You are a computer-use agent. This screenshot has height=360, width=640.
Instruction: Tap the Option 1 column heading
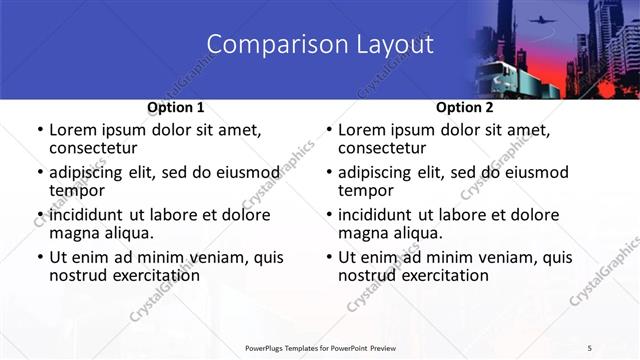coord(176,107)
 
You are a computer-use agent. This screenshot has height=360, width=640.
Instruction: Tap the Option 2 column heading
coord(464,107)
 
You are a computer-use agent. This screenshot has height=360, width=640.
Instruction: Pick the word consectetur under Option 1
coord(98,148)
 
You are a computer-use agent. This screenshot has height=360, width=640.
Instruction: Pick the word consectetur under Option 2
coord(387,148)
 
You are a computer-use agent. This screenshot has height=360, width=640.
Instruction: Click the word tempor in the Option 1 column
coord(76,190)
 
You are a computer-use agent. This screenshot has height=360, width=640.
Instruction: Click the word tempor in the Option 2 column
coord(365,190)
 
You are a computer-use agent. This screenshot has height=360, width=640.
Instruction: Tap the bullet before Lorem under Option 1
coord(39,130)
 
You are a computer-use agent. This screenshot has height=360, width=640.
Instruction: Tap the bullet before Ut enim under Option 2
coord(328,257)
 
